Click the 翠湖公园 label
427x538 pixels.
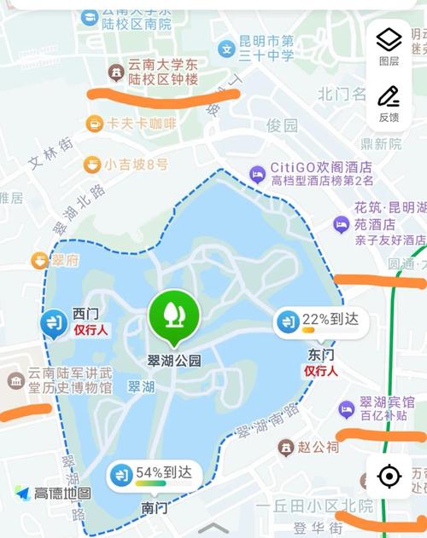coord(174,361)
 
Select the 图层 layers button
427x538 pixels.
coord(389,45)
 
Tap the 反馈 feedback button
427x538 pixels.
coord(389,103)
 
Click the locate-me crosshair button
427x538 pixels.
coord(389,476)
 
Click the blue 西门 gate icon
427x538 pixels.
coord(54,323)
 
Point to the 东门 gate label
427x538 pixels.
coord(321,354)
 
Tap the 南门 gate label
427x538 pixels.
coord(154,507)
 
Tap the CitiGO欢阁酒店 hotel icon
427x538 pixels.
coord(257,174)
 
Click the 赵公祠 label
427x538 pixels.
coord(318,447)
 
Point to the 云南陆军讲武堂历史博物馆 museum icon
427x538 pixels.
coord(15,380)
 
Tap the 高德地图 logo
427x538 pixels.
coord(53,494)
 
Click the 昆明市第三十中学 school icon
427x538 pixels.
coord(226,49)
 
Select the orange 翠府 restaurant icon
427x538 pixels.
coord(38,260)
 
